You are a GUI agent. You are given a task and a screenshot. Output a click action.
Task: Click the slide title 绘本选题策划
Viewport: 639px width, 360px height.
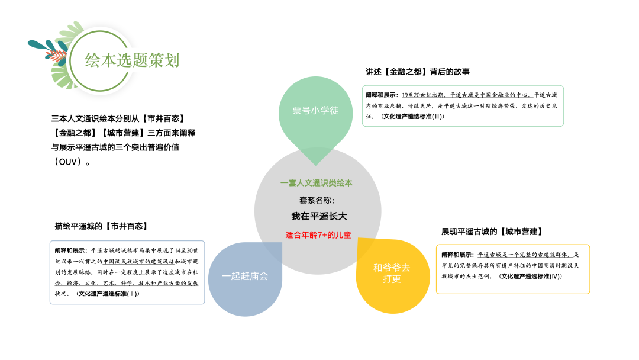[x=132, y=60]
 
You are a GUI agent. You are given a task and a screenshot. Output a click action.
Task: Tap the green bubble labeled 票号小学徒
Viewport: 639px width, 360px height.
[x=315, y=111]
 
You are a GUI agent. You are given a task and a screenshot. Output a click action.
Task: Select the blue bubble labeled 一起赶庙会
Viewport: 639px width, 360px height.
[x=245, y=277]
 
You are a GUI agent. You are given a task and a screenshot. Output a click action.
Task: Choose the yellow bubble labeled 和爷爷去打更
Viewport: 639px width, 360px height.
[x=392, y=273]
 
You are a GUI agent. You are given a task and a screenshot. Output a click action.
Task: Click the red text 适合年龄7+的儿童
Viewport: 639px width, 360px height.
[x=318, y=235]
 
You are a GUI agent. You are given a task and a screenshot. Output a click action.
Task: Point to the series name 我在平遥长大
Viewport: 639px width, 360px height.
[x=318, y=216]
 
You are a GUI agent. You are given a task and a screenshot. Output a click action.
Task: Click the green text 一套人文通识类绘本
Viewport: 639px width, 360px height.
[x=317, y=183]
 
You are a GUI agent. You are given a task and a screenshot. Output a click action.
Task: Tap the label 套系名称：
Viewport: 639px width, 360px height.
[x=317, y=200]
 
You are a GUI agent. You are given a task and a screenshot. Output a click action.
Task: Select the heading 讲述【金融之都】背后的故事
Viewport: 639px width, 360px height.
[x=418, y=72]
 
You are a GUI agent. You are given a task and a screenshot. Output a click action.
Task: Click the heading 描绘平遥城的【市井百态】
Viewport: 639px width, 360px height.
[x=101, y=226]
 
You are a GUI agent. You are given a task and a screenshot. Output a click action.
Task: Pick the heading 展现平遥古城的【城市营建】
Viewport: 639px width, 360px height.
[x=492, y=232]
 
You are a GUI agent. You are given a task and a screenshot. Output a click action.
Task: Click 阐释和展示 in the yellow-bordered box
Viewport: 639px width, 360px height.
[x=457, y=255]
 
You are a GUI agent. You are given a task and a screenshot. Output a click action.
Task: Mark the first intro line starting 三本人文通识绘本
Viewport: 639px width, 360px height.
[x=118, y=119]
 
